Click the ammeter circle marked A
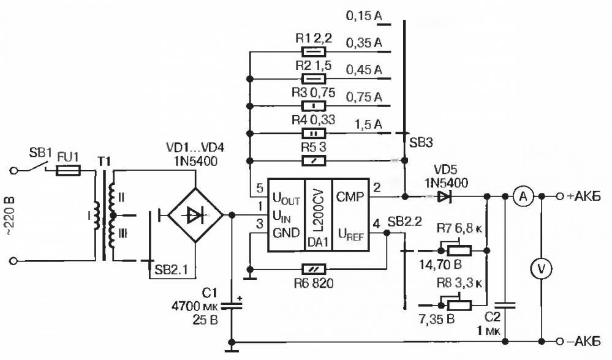tap(523, 197)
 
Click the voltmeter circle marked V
tap(541, 268)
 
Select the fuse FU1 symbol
tap(68, 170)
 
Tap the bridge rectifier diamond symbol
tap(195, 215)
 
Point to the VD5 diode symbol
tap(444, 197)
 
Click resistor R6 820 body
tap(314, 269)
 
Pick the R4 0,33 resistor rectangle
tap(314, 133)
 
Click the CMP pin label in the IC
tap(350, 197)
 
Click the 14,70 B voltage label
tap(440, 265)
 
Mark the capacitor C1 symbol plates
tap(232, 304)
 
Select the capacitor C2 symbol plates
tap(505, 305)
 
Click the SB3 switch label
tap(421, 143)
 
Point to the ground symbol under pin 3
tap(249, 278)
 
